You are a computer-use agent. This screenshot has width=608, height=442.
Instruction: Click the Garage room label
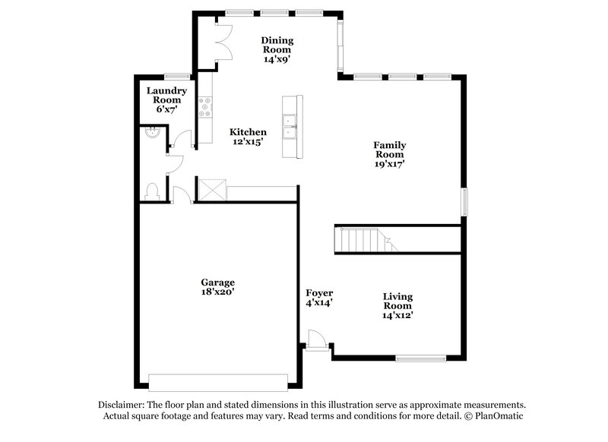217,282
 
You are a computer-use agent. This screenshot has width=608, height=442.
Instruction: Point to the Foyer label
319,292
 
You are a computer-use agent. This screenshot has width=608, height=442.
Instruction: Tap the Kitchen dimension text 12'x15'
249,142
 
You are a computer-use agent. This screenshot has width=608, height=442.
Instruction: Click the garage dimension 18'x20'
217,292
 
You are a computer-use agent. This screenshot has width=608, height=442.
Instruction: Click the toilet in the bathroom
151,191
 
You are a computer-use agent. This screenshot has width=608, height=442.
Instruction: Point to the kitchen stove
204,108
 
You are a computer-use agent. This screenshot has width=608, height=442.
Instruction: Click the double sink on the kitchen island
290,127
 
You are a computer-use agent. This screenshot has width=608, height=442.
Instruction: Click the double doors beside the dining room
223,40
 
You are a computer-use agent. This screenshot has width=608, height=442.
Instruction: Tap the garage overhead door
219,381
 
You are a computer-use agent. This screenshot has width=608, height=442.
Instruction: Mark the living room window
420,358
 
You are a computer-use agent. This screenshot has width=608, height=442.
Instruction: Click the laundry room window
176,75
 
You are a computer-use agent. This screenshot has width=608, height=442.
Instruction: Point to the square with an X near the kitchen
211,189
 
